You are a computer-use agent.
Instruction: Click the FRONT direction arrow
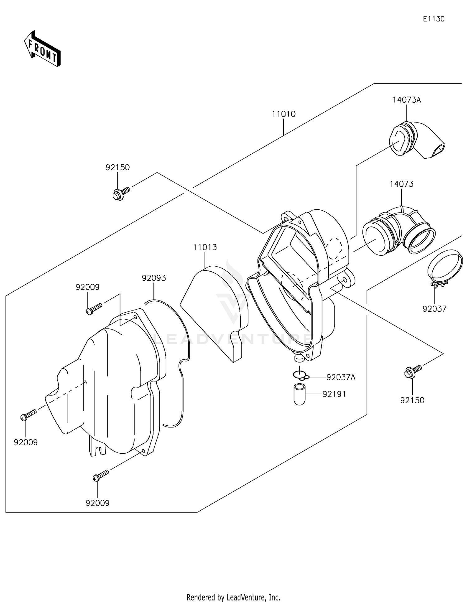click(42, 49)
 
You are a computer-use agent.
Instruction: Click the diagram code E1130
click(433, 19)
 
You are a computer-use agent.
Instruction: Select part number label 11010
click(283, 114)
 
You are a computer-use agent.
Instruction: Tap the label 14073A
click(406, 100)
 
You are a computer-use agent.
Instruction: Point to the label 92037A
click(341, 377)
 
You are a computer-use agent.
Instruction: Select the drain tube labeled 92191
click(300, 395)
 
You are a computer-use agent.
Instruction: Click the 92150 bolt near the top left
click(120, 194)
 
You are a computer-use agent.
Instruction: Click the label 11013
click(205, 247)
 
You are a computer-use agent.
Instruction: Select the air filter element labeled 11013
click(215, 311)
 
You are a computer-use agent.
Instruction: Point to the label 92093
click(154, 278)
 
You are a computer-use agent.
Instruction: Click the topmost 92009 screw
click(93, 309)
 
